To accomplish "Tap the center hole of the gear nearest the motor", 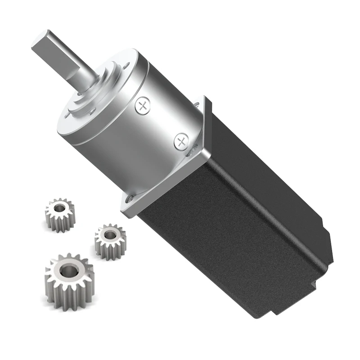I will (x=109, y=234).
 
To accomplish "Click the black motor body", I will (x=234, y=225).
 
